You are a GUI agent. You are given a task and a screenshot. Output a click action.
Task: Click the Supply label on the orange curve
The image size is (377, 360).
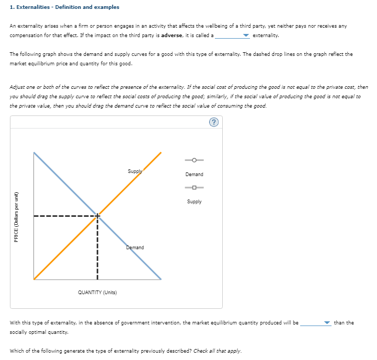[135, 171]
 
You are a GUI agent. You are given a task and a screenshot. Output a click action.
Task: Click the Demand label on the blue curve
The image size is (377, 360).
[135, 247]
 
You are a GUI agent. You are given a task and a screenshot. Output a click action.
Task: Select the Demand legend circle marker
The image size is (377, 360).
[194, 160]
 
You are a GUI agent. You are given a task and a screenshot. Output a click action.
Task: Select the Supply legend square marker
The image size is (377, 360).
[194, 188]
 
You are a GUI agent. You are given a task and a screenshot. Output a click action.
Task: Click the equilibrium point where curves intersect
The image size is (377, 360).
[97, 215]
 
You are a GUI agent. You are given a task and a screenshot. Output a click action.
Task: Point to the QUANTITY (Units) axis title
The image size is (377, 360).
[97, 292]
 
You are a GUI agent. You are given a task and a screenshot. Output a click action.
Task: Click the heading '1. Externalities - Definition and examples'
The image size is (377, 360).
[64, 7]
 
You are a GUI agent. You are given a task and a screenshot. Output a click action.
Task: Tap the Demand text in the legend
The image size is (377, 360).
[194, 175]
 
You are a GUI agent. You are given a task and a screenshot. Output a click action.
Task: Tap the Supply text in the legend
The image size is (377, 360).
[194, 202]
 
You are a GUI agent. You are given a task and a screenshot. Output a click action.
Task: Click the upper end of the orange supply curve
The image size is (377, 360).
[160, 153]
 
